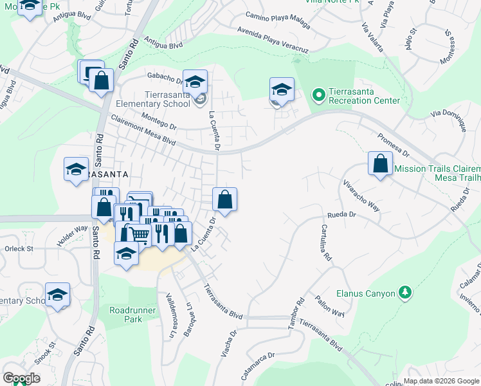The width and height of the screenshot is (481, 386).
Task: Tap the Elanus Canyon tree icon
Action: coord(404,293)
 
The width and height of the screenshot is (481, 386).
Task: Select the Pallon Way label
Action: coord(330,304)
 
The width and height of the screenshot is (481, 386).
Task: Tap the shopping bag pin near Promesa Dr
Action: coord(380,163)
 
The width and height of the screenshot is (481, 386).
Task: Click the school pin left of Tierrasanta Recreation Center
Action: coord(281,89)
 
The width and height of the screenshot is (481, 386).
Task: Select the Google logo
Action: coord(21,378)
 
